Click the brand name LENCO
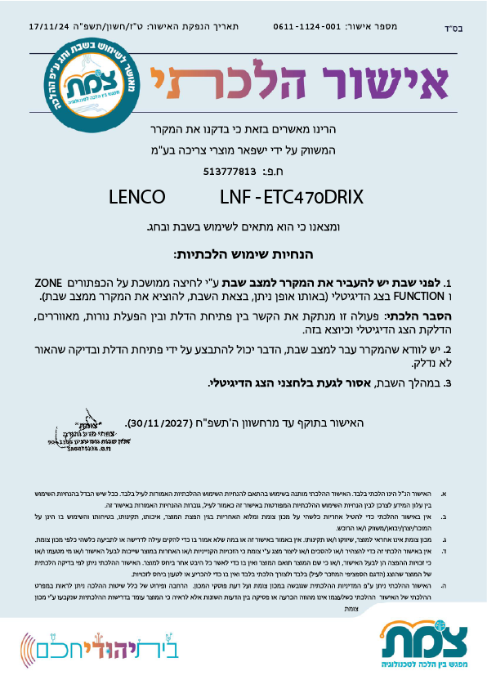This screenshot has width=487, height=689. point(136,197)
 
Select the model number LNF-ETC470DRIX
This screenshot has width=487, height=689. point(291,197)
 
